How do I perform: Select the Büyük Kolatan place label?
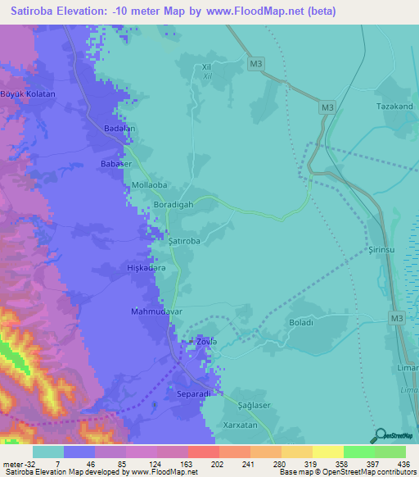coord(28,94)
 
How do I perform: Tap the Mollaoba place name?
coord(150,185)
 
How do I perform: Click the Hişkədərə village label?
coord(147,268)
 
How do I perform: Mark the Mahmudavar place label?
coord(155,312)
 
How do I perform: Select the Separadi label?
coord(194,394)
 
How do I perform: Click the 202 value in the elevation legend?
coord(203,463)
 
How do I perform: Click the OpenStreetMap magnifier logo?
coord(377,436)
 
